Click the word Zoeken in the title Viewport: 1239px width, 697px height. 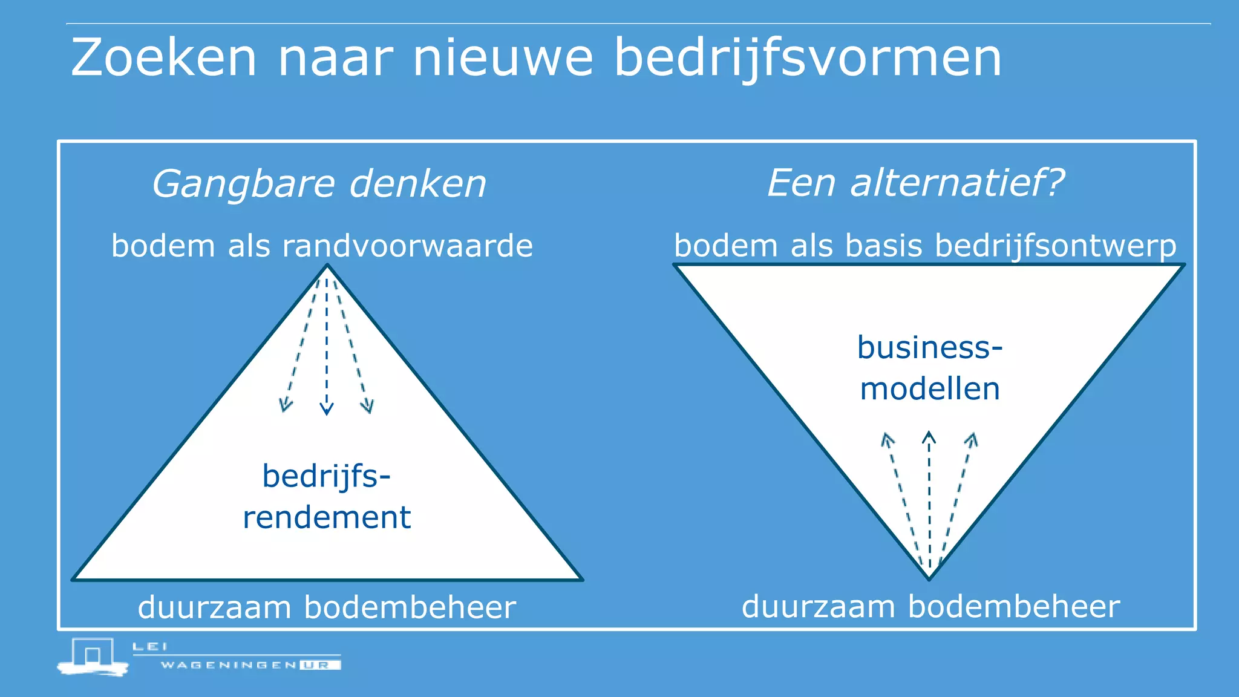pyautogui.click(x=164, y=57)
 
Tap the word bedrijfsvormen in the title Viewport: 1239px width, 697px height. pyautogui.click(x=808, y=59)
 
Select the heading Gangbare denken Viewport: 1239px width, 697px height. pyautogui.click(x=319, y=184)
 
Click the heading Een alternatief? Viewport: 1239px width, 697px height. pyautogui.click(x=915, y=183)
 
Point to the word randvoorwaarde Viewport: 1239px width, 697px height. pyautogui.click(x=407, y=246)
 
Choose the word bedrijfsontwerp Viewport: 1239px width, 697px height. pyautogui.click(x=1056, y=246)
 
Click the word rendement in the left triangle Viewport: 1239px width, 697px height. pyautogui.click(x=327, y=517)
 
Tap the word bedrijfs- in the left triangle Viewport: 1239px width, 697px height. pyautogui.click(x=327, y=476)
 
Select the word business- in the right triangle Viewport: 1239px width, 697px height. pyautogui.click(x=930, y=347)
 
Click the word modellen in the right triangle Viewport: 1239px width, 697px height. pyautogui.click(x=930, y=388)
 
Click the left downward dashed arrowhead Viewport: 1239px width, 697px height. pyautogui.click(x=285, y=405)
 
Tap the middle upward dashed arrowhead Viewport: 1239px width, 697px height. pyautogui.click(x=929, y=437)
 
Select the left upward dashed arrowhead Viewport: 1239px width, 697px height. pyautogui.click(x=887, y=439)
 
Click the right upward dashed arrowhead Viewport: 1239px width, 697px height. pyautogui.click(x=972, y=439)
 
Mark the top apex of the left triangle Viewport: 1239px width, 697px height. pyautogui.click(x=327, y=266)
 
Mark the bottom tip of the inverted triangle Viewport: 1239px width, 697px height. pyautogui.click(x=929, y=578)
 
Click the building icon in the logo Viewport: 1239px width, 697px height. pyautogui.click(x=93, y=656)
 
